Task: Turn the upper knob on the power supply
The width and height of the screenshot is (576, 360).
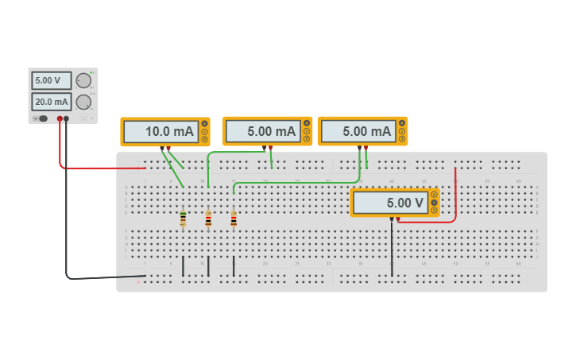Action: point(83,80)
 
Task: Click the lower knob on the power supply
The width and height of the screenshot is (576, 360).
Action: point(83,102)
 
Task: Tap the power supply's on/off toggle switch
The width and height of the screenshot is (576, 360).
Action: point(40,118)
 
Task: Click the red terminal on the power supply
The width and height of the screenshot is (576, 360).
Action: point(60,118)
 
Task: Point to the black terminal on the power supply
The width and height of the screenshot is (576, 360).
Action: point(66,118)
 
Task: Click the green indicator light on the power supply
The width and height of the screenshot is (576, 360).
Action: point(92,72)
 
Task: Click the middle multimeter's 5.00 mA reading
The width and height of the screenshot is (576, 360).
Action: point(262,131)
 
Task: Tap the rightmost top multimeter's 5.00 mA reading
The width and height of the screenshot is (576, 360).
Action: point(358,131)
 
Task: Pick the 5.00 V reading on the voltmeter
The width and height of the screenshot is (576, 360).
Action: point(389,203)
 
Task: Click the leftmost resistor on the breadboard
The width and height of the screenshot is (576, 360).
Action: point(183,218)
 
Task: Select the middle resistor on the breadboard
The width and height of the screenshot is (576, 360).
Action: point(208,218)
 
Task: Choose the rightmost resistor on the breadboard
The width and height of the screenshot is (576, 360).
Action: point(234,218)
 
